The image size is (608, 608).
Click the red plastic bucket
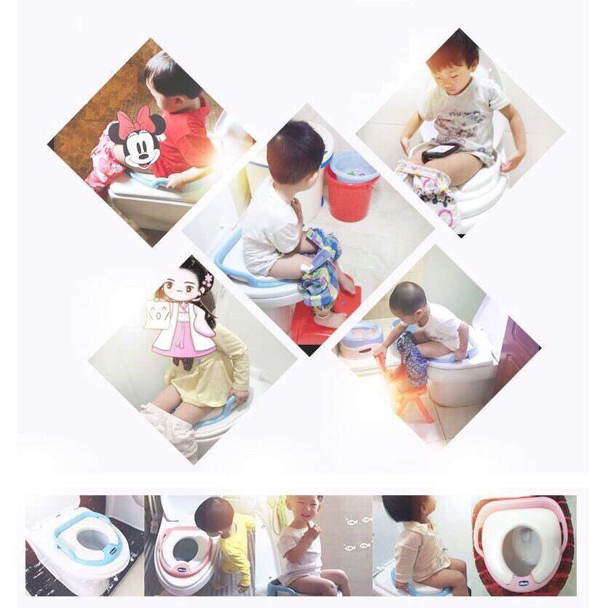pos(351,193)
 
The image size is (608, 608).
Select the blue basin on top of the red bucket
pos(353,167)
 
